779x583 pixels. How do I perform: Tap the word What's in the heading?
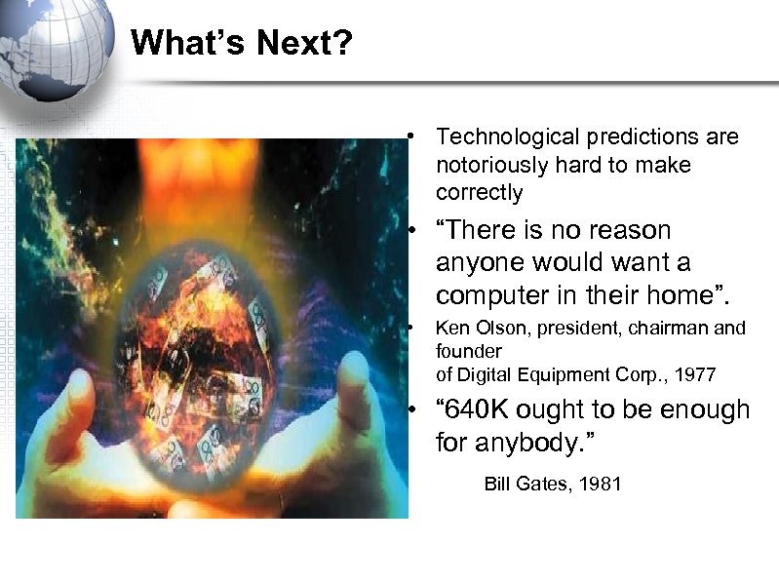[x=182, y=43]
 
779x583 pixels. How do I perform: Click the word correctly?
[x=480, y=193]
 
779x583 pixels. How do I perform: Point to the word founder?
[x=469, y=350]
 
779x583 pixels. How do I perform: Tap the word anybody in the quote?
[x=530, y=444]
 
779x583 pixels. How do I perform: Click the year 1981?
[x=600, y=485]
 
